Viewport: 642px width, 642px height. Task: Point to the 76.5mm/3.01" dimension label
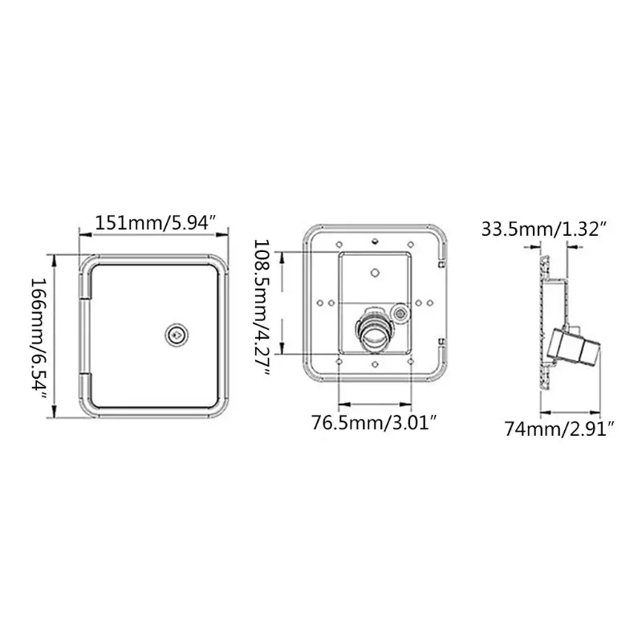click(374, 423)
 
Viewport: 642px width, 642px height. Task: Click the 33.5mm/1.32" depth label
click(542, 230)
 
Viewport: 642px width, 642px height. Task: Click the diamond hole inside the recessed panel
click(374, 272)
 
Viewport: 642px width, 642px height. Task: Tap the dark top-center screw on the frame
click(374, 240)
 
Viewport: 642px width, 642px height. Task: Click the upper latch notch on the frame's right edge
click(441, 261)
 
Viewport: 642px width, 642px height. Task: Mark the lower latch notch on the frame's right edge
click(441, 345)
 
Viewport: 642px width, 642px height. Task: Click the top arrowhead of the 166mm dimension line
click(54, 259)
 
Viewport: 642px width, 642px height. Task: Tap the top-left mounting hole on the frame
click(339, 242)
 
